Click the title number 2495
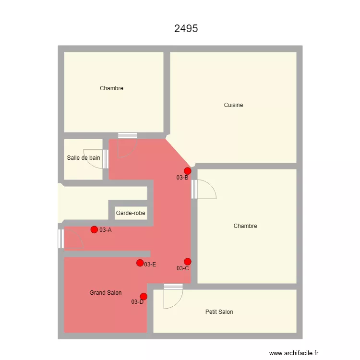coord(186,28)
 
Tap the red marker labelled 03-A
coord(94,229)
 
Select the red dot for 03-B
coord(188,171)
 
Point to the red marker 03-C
coord(188,262)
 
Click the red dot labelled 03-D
coord(144,297)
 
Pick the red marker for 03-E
coord(140,263)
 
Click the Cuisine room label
coord(233,105)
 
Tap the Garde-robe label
coord(131,213)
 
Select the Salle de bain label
coord(84,157)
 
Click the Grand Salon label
coord(106,293)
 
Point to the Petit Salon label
coord(219,312)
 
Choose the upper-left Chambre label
coord(111,88)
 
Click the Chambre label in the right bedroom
coord(245,226)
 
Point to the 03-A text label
coord(106,230)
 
